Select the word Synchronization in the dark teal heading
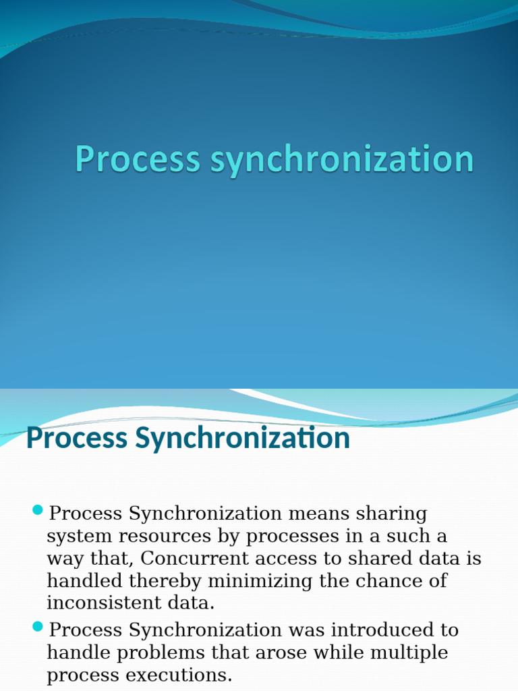pos(243,439)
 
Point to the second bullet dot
pos(38,627)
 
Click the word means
pos(316,514)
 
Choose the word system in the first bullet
pos(76,537)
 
